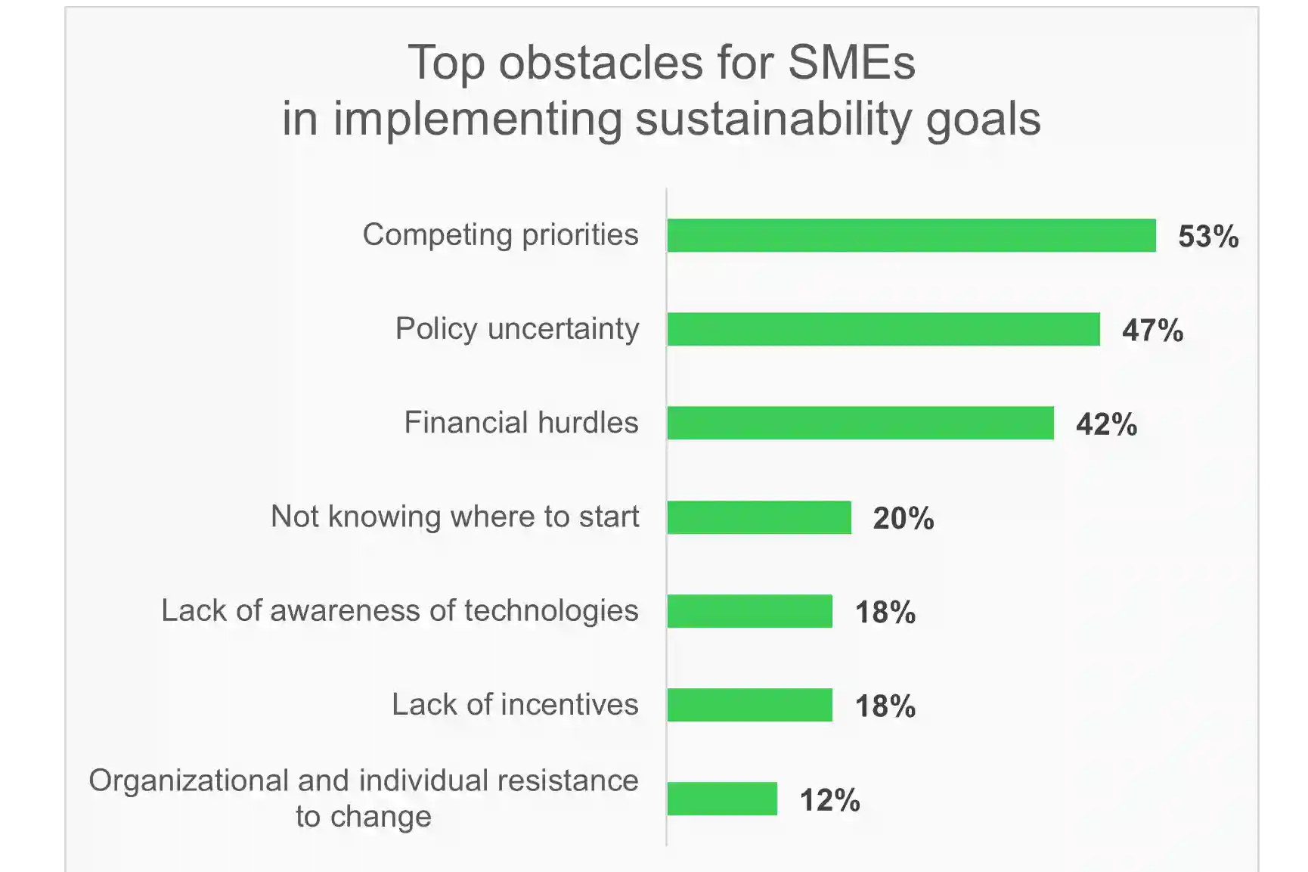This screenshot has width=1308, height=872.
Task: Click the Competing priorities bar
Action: pyautogui.click(x=912, y=235)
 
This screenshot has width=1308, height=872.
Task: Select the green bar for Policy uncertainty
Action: pyautogui.click(x=884, y=329)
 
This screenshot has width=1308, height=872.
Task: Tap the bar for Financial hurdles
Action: pyautogui.click(x=860, y=423)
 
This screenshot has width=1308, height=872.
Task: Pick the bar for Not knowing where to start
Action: pyautogui.click(x=759, y=517)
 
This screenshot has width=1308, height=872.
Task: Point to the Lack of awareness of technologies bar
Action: pyautogui.click(x=750, y=611)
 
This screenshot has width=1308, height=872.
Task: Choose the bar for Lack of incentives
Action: pyautogui.click(x=750, y=705)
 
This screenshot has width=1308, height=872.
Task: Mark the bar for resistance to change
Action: pyautogui.click(x=722, y=799)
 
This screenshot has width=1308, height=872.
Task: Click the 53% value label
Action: pyautogui.click(x=1208, y=237)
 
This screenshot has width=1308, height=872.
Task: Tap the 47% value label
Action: pyautogui.click(x=1152, y=330)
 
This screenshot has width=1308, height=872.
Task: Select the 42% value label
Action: pyautogui.click(x=1106, y=424)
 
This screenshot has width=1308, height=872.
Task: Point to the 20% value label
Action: pyautogui.click(x=904, y=519)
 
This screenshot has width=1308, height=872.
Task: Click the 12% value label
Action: pyautogui.click(x=829, y=800)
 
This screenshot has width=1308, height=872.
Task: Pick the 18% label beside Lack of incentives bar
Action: pyautogui.click(x=885, y=706)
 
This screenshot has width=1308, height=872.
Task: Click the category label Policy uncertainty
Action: pyautogui.click(x=517, y=329)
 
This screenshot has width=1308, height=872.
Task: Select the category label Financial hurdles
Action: pyautogui.click(x=521, y=422)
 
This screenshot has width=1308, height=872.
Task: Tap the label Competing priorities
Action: pyautogui.click(x=501, y=235)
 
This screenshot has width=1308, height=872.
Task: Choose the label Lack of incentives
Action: pyautogui.click(x=515, y=704)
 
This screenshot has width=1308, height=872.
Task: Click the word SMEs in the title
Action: pyautogui.click(x=851, y=62)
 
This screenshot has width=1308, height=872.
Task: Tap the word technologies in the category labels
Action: pyautogui.click(x=551, y=611)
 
